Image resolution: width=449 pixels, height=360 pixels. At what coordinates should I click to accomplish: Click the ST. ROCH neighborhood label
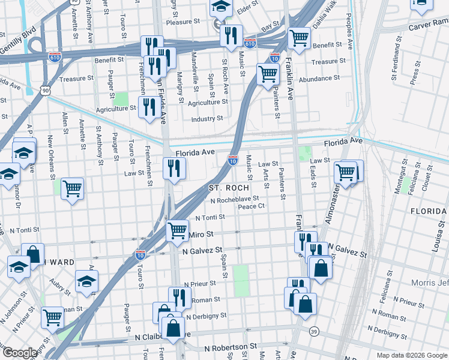tap(228, 188)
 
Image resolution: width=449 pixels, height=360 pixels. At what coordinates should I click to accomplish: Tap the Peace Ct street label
tap(251, 206)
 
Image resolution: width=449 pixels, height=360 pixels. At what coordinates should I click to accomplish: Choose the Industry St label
tap(207, 119)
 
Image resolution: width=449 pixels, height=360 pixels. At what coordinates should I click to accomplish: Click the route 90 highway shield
tap(46, 90)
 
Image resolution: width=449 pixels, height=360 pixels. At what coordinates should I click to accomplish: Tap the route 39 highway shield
tap(313, 332)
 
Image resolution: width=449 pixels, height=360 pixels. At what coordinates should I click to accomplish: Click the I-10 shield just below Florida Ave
tap(233, 160)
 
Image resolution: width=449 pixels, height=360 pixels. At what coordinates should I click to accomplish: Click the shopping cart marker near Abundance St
tap(268, 74)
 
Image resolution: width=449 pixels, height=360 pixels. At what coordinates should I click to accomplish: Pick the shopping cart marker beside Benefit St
tap(299, 37)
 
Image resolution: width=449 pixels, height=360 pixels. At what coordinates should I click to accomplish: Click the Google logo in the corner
tap(20, 353)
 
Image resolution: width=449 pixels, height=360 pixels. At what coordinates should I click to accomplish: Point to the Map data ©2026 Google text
tap(411, 355)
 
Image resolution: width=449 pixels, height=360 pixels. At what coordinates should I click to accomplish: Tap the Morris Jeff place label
tap(429, 283)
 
